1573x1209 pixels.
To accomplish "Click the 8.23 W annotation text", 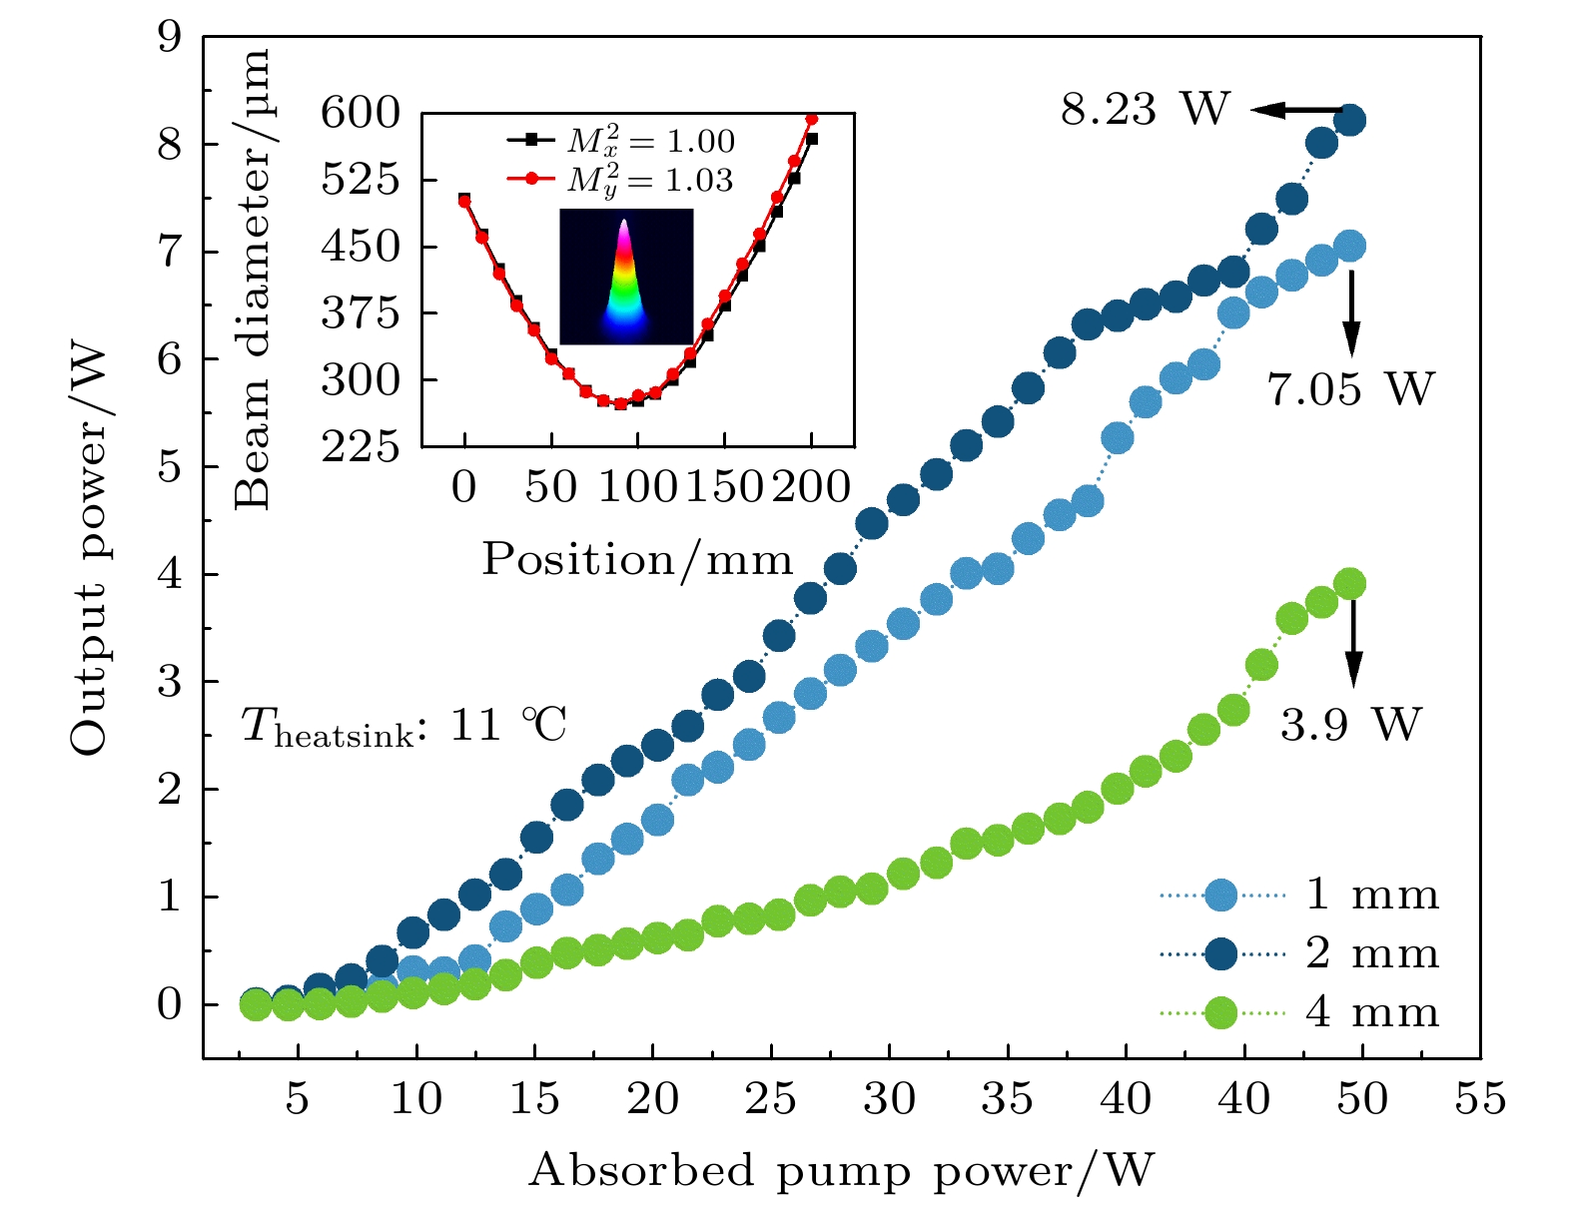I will [1145, 109].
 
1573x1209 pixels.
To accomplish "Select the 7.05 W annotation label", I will [1350, 388].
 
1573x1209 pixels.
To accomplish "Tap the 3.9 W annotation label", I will [1349, 724].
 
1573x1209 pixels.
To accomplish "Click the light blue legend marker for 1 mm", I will [1221, 896].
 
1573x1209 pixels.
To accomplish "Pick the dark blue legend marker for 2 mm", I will [1221, 954].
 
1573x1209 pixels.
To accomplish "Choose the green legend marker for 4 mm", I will [1221, 1013].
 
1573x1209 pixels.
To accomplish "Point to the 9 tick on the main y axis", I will [170, 38].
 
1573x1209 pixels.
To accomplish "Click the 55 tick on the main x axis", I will [1480, 1099].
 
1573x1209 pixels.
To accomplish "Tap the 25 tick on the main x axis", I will [770, 1099].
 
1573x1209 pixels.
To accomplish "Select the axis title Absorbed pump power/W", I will [841, 1170].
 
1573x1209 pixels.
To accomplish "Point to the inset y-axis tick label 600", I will [360, 112].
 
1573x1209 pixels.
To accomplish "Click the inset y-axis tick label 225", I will [360, 446].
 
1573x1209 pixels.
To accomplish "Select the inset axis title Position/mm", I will [637, 559].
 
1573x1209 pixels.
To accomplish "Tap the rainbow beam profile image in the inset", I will [626, 277].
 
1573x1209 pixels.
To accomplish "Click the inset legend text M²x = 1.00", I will [650, 141].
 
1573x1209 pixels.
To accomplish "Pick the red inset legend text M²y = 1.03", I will [649, 180].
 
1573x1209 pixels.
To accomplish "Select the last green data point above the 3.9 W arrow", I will [1350, 584].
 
